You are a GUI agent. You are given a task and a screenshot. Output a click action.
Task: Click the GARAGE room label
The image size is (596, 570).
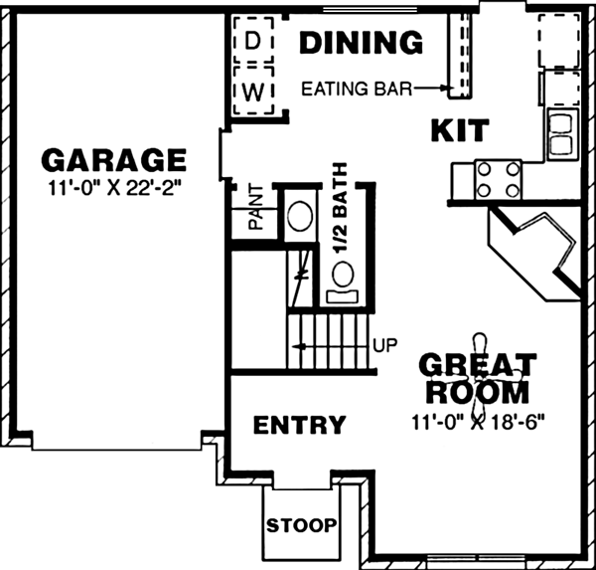(x=113, y=160)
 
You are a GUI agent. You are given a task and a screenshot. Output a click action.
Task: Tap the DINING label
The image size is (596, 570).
(x=361, y=44)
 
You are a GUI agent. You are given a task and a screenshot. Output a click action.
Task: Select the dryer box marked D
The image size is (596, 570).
(x=253, y=41)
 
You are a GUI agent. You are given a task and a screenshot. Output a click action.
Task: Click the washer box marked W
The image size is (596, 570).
(x=253, y=92)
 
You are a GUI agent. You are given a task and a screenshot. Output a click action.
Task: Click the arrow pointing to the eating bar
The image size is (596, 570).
(x=430, y=88)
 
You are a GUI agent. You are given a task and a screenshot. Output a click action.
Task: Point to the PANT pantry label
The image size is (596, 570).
(x=255, y=206)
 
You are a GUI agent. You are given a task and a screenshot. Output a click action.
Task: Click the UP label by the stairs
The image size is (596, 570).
(x=384, y=346)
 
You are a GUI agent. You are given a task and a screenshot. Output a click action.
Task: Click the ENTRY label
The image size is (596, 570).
(x=299, y=426)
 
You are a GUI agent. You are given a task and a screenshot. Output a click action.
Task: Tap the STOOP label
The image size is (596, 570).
(x=301, y=524)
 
